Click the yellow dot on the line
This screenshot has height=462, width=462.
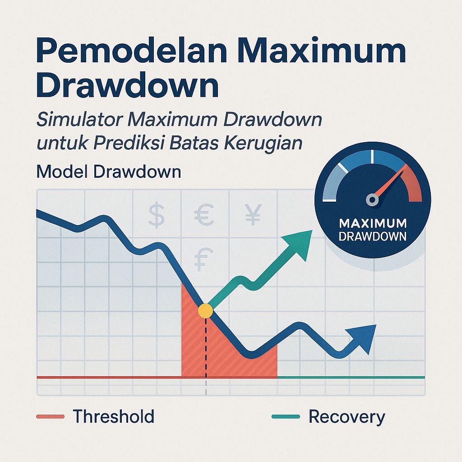(205, 310)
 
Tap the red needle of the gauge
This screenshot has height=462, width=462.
(391, 183)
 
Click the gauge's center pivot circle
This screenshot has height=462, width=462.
(372, 199)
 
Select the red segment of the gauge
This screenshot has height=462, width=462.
(413, 185)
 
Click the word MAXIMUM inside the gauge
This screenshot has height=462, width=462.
(372, 223)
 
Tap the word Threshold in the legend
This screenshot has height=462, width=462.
(113, 416)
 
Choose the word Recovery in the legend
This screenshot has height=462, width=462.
(346, 417)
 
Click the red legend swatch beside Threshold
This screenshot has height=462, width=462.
(51, 416)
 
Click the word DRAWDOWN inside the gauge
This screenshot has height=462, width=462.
(372, 236)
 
